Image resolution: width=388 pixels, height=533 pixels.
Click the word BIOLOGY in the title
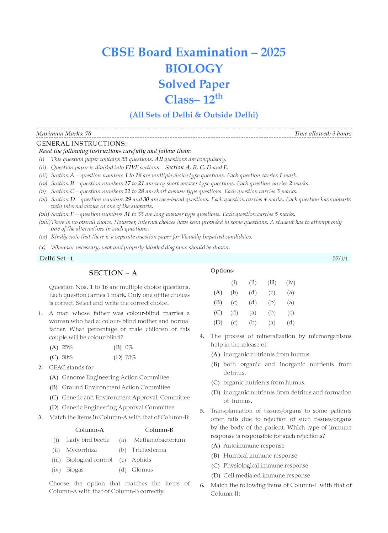tap(194, 68)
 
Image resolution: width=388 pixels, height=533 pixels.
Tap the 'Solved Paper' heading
tap(194, 84)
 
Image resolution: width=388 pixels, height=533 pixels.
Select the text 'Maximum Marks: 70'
tap(64, 134)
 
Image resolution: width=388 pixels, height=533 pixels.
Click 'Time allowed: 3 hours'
tap(323, 134)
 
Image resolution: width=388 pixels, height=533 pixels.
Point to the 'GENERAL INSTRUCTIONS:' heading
tap(81, 144)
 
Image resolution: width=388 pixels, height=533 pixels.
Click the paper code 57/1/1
tap(340, 258)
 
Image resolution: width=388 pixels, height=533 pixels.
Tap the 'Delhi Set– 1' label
tap(56, 258)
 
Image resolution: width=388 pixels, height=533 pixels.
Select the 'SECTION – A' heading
tap(113, 273)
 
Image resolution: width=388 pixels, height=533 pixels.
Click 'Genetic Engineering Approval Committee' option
tap(118, 407)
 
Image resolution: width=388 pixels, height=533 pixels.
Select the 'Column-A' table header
tap(89, 430)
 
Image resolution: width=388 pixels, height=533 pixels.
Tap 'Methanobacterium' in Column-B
tap(159, 440)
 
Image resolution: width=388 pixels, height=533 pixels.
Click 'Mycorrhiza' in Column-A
tap(81, 450)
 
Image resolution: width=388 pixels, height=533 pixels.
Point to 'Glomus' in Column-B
tap(142, 470)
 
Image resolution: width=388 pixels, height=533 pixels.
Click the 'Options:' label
tap(222, 270)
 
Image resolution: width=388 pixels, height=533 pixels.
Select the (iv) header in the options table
tap(291, 282)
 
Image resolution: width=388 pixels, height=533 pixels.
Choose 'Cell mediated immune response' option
tap(266, 475)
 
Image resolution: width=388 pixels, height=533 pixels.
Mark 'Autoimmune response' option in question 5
tap(254, 446)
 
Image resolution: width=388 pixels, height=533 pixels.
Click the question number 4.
tap(202, 336)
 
